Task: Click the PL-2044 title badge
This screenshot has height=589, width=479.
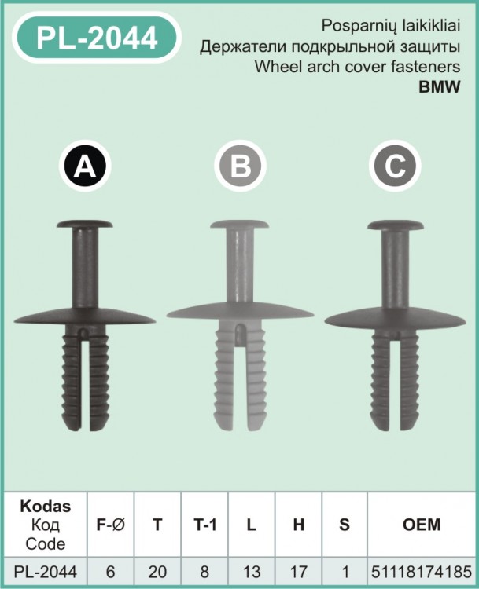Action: pyautogui.click(x=97, y=37)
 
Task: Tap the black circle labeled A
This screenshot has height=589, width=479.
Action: pyautogui.click(x=85, y=166)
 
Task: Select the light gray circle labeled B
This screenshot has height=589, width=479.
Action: pyautogui.click(x=240, y=166)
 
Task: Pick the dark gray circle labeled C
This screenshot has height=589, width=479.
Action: pyautogui.click(x=395, y=166)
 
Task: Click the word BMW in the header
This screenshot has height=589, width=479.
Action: pyautogui.click(x=440, y=86)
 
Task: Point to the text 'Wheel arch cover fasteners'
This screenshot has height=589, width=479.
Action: pyautogui.click(x=357, y=67)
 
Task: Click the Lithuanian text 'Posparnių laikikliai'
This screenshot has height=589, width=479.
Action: pyautogui.click(x=391, y=26)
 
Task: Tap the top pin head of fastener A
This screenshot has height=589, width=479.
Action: pyautogui.click(x=85, y=225)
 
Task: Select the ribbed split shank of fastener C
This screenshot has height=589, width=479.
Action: pyautogui.click(x=395, y=382)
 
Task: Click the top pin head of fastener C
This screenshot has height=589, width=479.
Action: pyautogui.click(x=396, y=225)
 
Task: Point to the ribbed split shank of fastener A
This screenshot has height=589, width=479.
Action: pyautogui.click(x=86, y=379)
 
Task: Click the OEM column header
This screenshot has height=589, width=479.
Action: pyautogui.click(x=422, y=525)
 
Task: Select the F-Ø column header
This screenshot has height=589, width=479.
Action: pyautogui.click(x=110, y=525)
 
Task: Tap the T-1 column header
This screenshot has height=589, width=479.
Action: pyautogui.click(x=204, y=525)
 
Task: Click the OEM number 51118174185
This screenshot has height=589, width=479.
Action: pyautogui.click(x=422, y=572)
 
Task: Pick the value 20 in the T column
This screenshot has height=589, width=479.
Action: pyautogui.click(x=157, y=572)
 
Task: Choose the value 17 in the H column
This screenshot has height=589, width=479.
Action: pyautogui.click(x=298, y=572)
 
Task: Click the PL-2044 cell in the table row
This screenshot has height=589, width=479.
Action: pyautogui.click(x=45, y=572)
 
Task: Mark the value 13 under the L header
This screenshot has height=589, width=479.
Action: pyautogui.click(x=252, y=572)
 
